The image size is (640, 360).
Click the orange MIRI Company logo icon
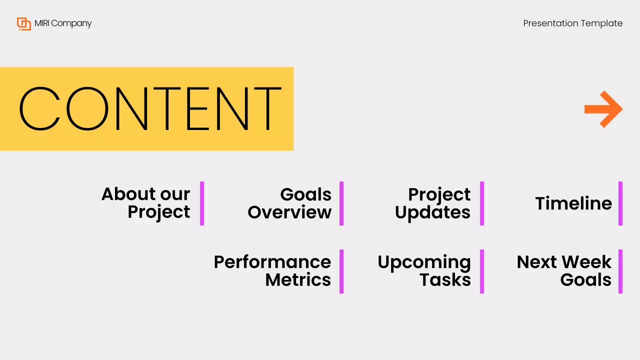coord(23,23)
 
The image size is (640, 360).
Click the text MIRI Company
coord(63,23)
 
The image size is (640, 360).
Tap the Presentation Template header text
coord(572,23)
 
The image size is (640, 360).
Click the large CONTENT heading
coord(149,109)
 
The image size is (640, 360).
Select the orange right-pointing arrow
coord(603,109)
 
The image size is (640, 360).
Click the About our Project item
coord(146,203)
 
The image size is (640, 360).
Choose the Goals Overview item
coord(290,203)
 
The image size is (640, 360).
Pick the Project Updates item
coord(433,203)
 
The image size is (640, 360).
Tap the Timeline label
coord(573,203)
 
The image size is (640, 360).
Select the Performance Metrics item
coord(272,271)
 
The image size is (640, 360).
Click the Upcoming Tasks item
coord(424,271)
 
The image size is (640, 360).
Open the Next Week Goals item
coord(564,271)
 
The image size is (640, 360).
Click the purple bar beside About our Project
coord(202,203)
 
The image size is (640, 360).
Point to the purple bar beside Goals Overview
coord(341,203)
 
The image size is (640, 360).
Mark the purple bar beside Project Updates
coord(482,203)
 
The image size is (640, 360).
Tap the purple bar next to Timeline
coord(620,203)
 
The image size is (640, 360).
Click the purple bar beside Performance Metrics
coord(341,271)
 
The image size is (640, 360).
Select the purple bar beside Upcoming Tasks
coord(482,271)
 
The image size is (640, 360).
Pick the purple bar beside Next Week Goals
coord(620,271)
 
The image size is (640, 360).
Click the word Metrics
coord(298,280)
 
